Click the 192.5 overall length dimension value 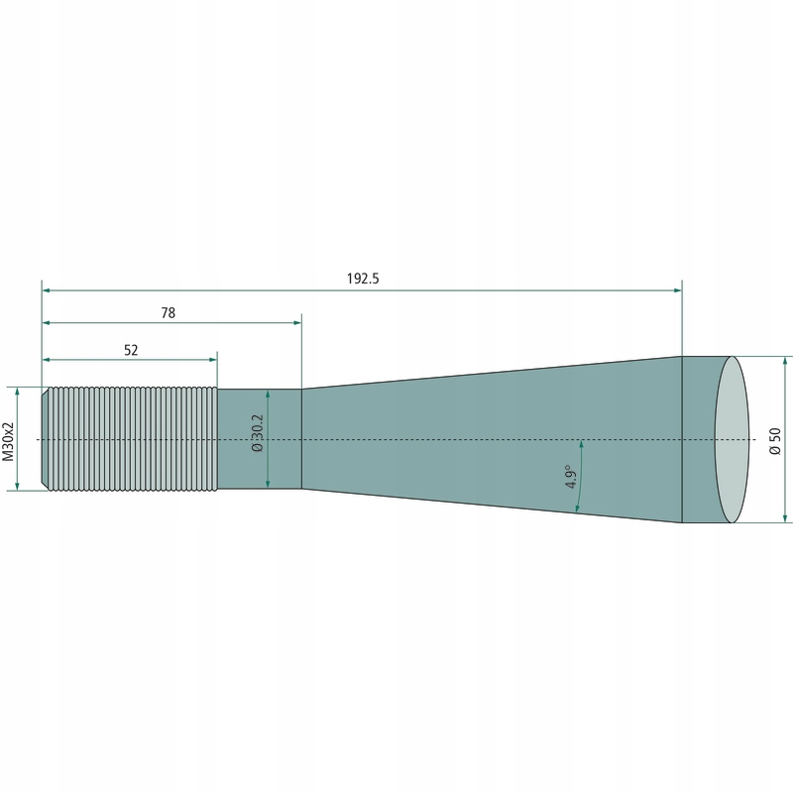pos(363,279)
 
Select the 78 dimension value pos(169,313)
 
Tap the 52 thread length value pos(131,350)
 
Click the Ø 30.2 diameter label pos(258,433)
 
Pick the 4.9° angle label pos(571,477)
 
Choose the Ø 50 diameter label pos(775,441)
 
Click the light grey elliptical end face pos(732,439)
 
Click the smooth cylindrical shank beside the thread pos(260,439)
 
